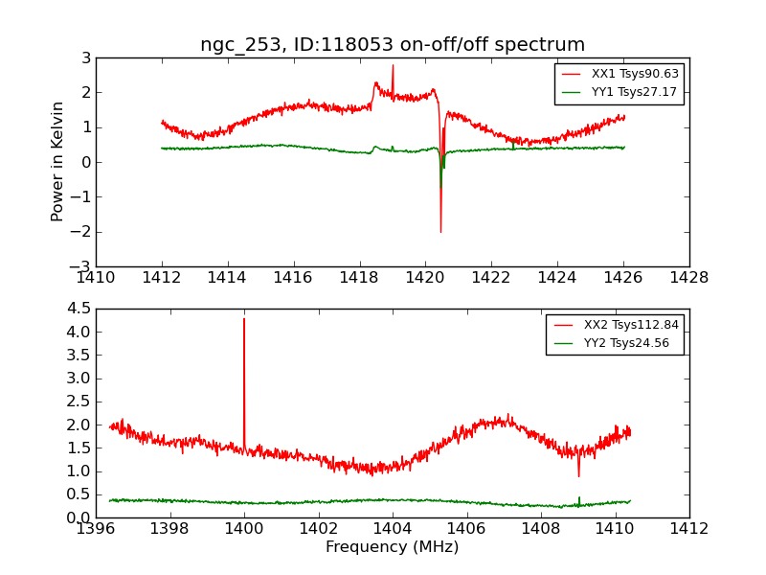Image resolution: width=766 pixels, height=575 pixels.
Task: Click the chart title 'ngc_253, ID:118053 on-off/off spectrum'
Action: coord(393,45)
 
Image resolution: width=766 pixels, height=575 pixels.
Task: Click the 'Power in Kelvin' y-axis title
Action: coord(58,161)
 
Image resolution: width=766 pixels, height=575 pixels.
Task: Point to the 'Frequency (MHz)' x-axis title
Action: coord(393,547)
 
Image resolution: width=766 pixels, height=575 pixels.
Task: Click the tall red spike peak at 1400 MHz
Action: coord(244,319)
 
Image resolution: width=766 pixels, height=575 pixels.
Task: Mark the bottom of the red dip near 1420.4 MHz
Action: coord(440,231)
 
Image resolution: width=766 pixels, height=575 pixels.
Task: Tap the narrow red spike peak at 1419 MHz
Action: coord(393,66)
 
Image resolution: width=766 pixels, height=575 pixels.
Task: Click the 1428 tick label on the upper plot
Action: coord(689,278)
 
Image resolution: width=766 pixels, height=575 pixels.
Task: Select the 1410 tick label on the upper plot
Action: coord(96,278)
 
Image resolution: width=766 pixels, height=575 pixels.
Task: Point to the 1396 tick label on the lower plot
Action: coord(96,528)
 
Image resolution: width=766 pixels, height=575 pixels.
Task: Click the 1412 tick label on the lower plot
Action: coord(689,528)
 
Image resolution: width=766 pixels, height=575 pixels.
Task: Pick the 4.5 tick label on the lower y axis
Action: coord(79,309)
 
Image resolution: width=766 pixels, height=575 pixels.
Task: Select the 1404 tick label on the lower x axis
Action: coord(393,528)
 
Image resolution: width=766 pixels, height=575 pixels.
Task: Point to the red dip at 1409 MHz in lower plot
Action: coord(578,475)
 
